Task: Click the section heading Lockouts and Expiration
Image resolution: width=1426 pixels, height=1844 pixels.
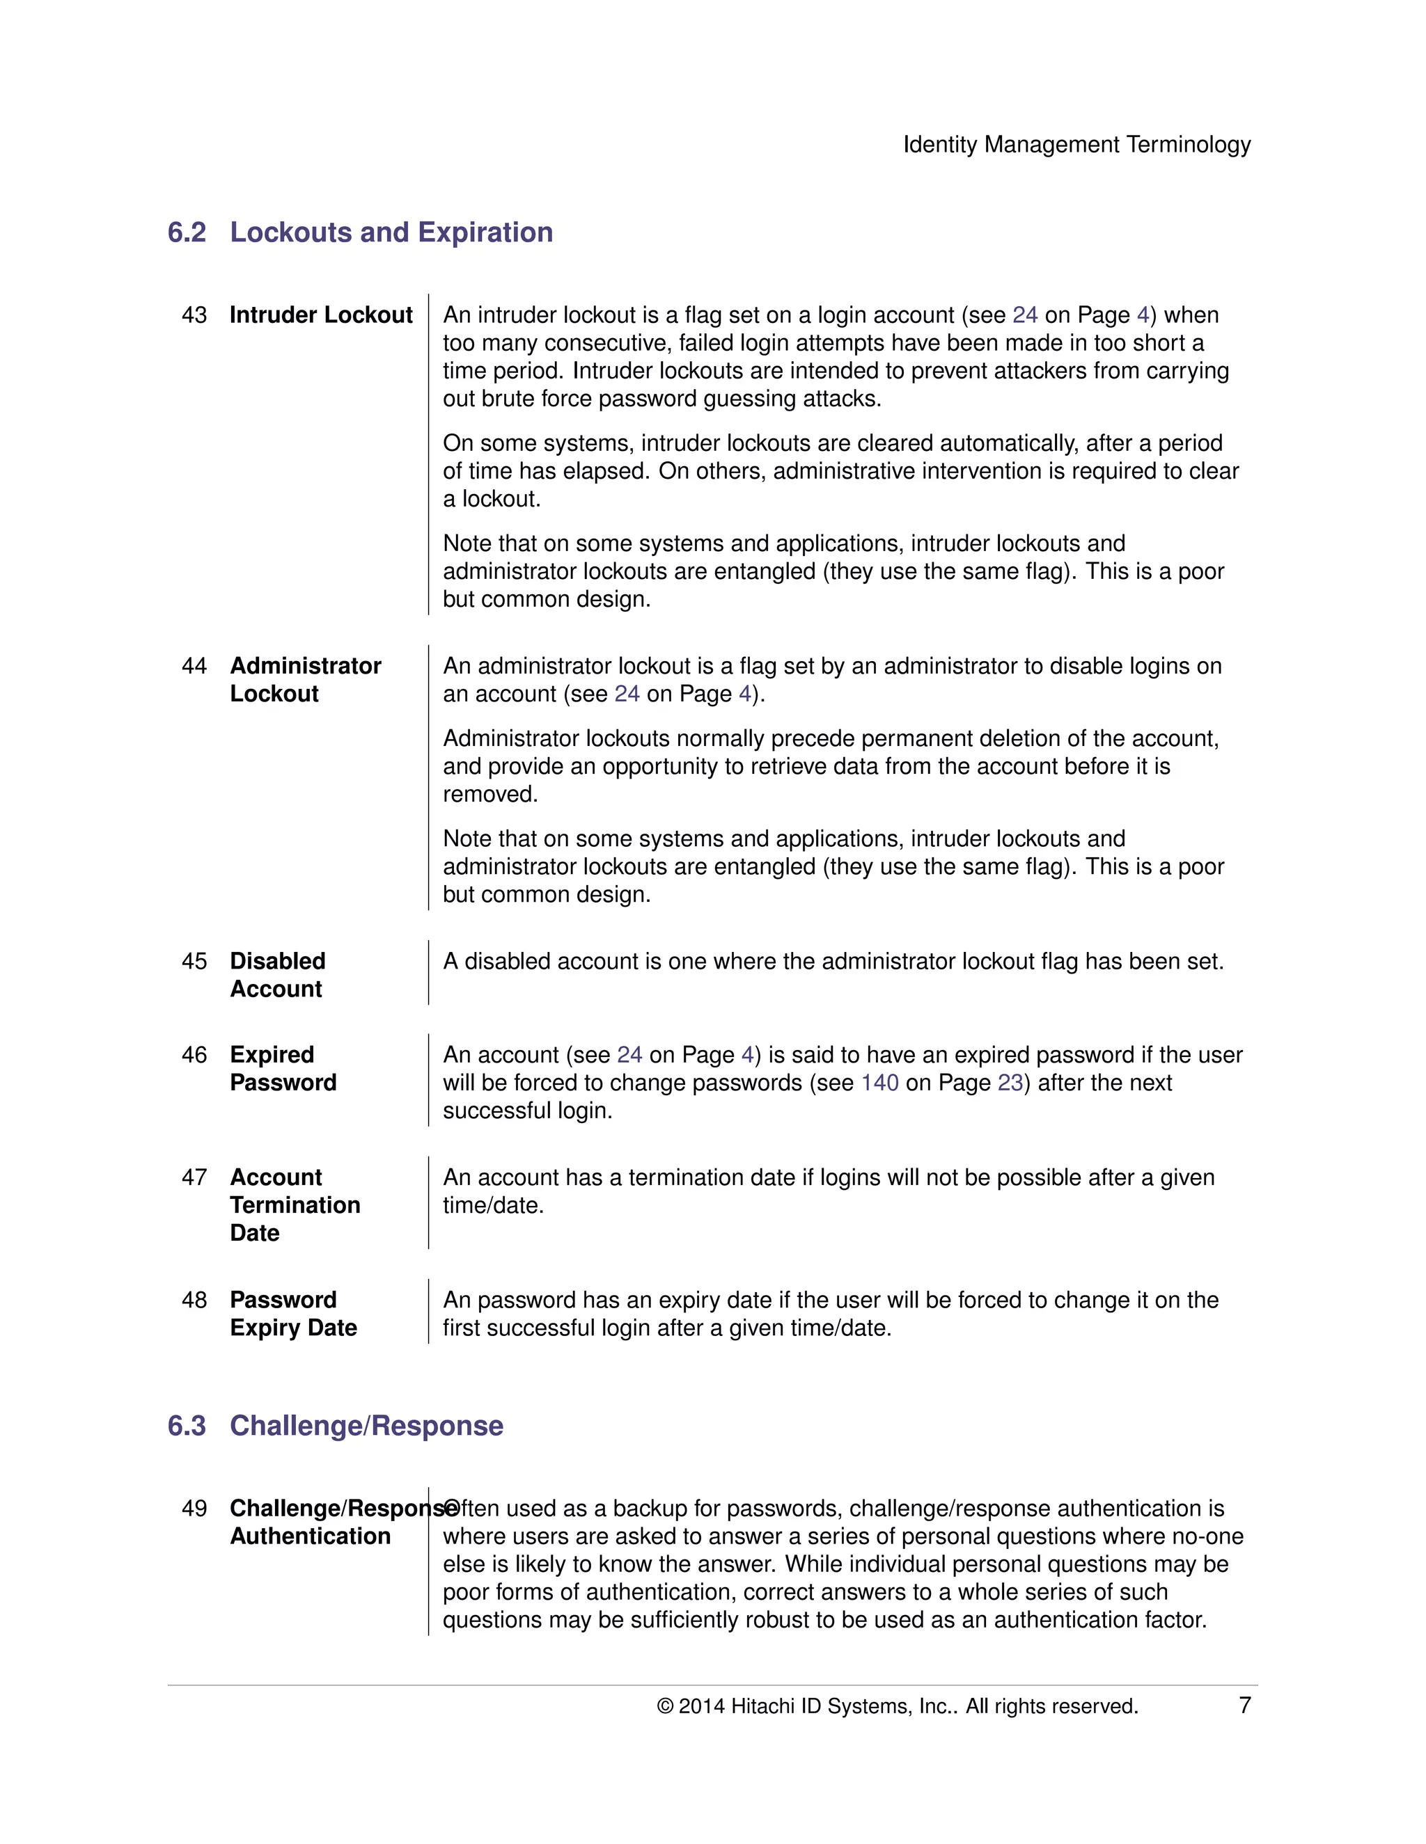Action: click(x=391, y=232)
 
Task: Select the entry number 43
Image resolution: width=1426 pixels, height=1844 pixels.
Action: click(x=194, y=315)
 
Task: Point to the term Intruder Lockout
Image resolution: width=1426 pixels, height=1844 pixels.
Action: click(x=321, y=315)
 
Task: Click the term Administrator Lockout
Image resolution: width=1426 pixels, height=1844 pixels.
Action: click(x=305, y=680)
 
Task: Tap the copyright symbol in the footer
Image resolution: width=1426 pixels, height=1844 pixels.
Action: click(x=665, y=1706)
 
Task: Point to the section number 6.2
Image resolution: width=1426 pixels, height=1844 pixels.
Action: click(x=187, y=232)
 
